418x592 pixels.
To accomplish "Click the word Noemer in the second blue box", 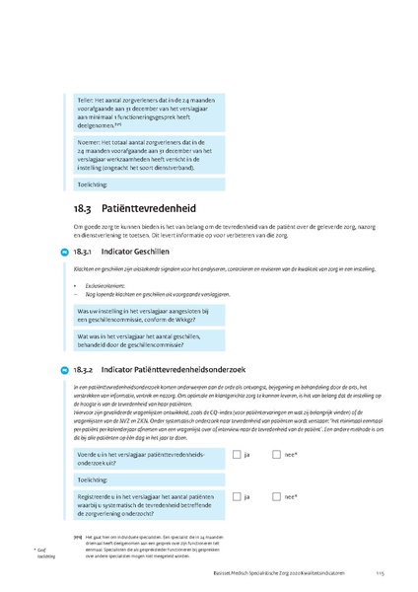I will (90, 142).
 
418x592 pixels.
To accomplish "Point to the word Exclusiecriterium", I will (104, 286).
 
